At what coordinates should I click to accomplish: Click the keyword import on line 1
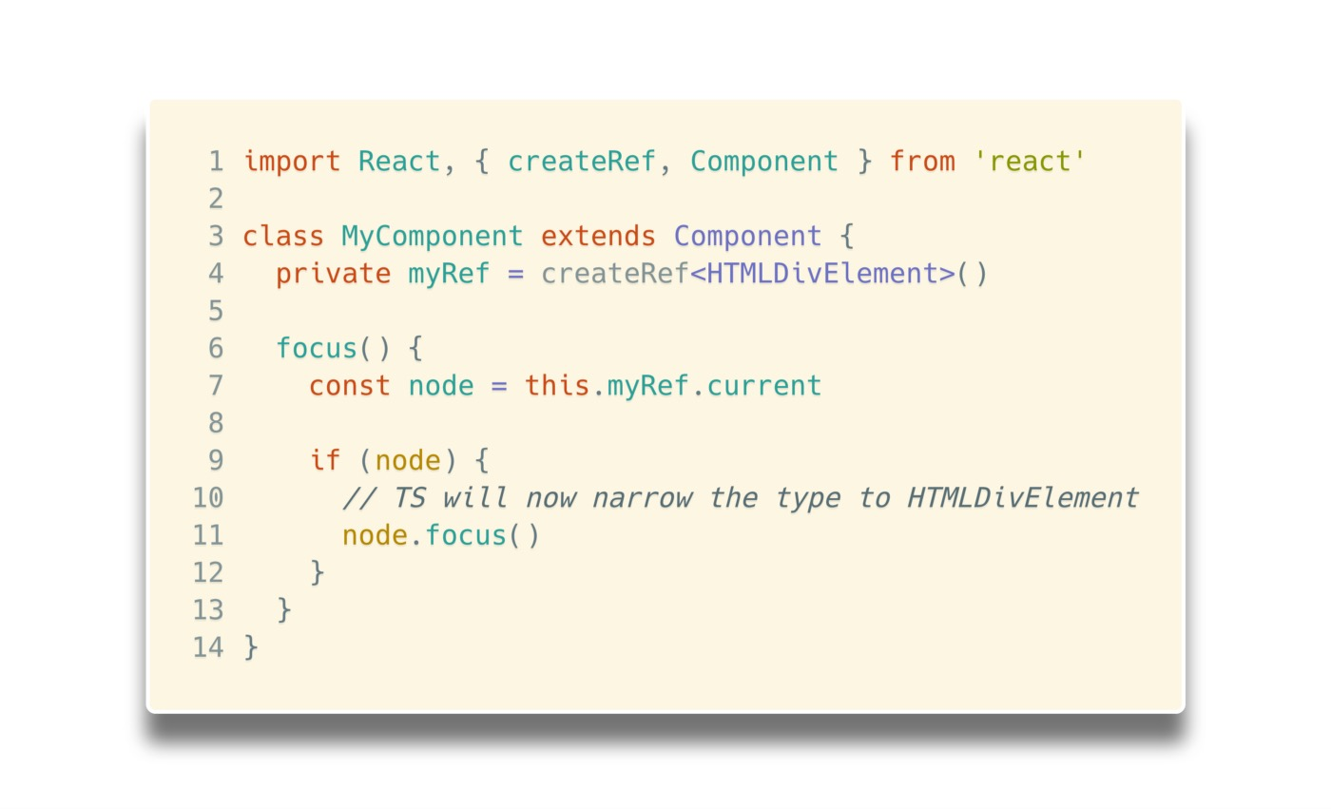(x=291, y=162)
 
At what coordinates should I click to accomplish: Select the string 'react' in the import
(x=1030, y=162)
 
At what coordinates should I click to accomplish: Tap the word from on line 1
(x=922, y=162)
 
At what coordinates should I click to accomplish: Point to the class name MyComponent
(x=432, y=236)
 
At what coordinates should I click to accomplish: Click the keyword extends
(x=598, y=236)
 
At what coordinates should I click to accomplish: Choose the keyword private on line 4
(x=333, y=274)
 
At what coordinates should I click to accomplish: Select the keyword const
(x=349, y=386)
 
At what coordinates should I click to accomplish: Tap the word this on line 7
(x=557, y=386)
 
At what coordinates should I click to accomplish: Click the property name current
(x=763, y=386)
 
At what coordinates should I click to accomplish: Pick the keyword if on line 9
(x=324, y=461)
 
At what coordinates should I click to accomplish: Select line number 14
(x=208, y=648)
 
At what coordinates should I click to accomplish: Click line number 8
(x=216, y=423)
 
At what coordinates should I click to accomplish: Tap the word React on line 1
(x=399, y=162)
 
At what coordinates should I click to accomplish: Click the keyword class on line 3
(x=283, y=236)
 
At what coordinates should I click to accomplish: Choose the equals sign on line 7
(x=499, y=386)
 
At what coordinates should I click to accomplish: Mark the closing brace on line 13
(x=283, y=610)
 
